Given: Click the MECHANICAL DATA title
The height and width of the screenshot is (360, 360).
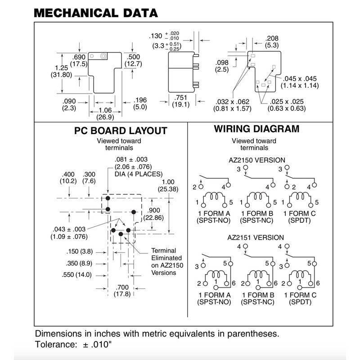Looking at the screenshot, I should [x=96, y=13].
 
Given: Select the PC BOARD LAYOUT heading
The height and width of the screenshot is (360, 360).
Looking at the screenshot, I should [x=121, y=131].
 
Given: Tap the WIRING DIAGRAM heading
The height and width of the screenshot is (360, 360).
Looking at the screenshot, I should [x=256, y=129].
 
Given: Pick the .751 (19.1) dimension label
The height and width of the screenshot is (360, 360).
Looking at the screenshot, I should [x=181, y=101].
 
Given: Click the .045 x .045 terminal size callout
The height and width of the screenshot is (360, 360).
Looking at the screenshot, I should [x=300, y=82].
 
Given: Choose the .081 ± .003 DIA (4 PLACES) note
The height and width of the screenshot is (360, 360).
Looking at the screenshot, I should [x=135, y=167].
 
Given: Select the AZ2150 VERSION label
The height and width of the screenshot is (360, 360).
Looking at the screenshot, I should [x=256, y=161].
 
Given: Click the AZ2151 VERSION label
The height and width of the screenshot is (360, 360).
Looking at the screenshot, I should [x=256, y=237].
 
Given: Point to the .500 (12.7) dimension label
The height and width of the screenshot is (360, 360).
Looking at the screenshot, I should [x=134, y=60].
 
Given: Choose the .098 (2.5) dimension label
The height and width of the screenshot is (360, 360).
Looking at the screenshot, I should [x=222, y=66].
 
